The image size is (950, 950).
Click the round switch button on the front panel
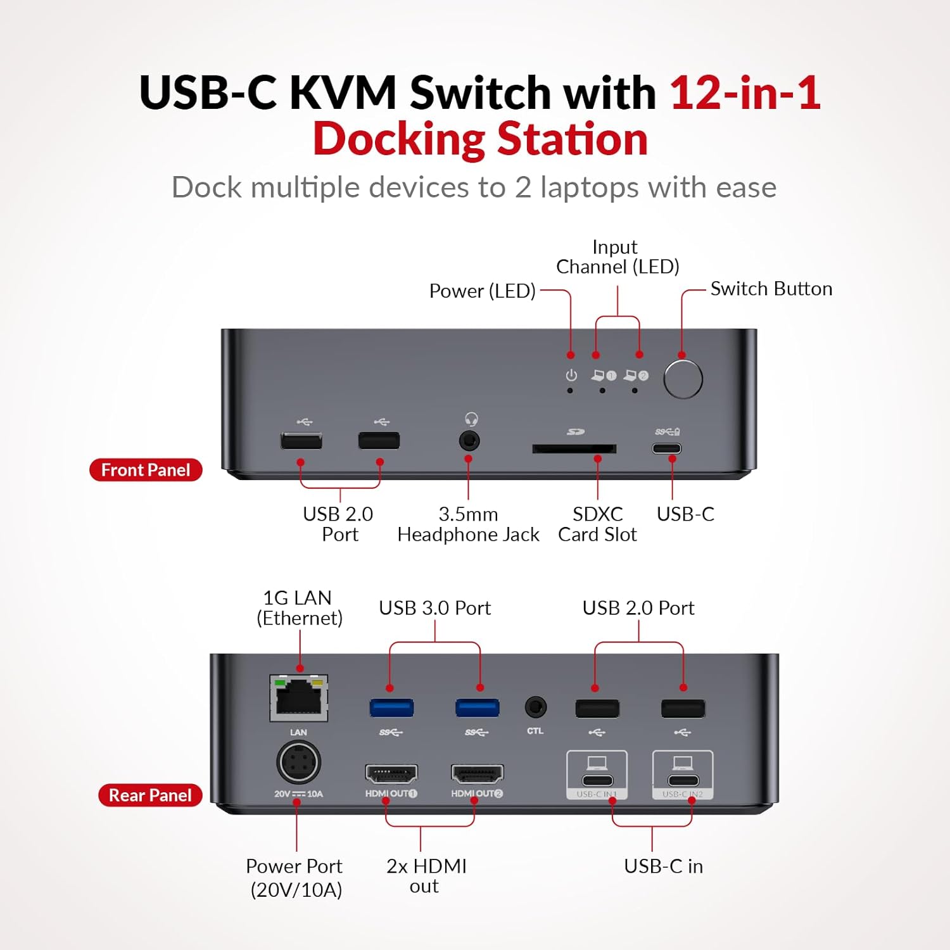point(683,379)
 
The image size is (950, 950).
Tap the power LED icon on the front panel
point(571,376)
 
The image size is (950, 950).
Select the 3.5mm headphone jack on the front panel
point(469,440)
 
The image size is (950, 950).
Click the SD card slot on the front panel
point(574,448)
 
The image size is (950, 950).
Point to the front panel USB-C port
point(667,448)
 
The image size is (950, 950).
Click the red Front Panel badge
point(146,470)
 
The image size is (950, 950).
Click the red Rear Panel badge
point(150,795)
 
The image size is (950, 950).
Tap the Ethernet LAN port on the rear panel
point(299,698)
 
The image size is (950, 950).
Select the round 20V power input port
point(298,763)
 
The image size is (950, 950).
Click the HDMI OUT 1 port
point(391,774)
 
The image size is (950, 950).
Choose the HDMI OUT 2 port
point(477,774)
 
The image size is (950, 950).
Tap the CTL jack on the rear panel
point(535,707)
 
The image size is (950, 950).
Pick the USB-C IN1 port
point(597,780)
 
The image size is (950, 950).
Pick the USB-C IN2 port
point(683,780)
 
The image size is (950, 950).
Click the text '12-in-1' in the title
point(745,93)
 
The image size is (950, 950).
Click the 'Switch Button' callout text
point(771,289)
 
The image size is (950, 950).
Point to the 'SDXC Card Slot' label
point(597,524)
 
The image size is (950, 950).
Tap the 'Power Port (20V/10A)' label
point(295,877)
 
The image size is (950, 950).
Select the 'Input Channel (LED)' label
point(617,256)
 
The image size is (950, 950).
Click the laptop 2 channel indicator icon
point(635,376)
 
